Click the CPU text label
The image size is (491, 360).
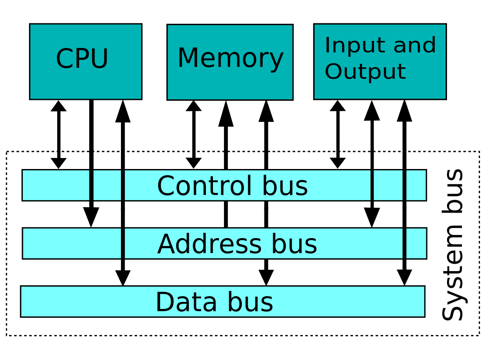(82, 59)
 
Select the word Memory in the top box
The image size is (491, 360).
(230, 59)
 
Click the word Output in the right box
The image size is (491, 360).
(365, 72)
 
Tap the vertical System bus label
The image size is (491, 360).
(453, 245)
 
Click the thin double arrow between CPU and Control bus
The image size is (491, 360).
(59, 134)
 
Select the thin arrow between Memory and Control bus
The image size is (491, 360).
(194, 134)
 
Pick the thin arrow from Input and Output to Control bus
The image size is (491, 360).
(338, 134)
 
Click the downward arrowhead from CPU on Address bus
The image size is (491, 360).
(91, 217)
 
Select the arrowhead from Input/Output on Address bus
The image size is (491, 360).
(372, 218)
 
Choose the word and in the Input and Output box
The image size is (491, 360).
(416, 46)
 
